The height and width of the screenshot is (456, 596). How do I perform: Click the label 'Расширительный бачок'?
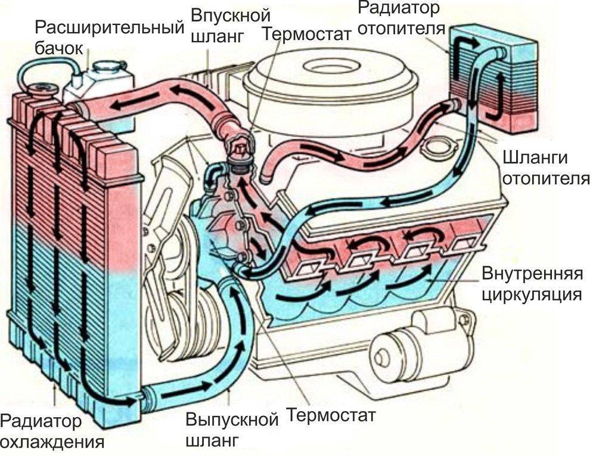tap(107, 37)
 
